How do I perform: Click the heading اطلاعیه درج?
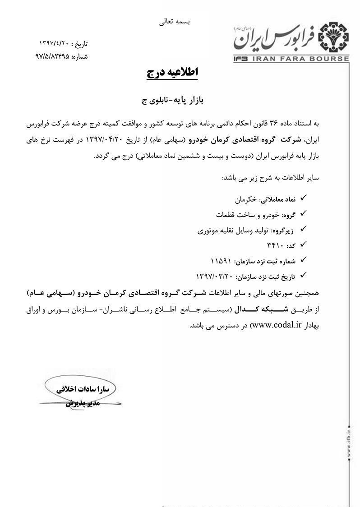click(x=172, y=73)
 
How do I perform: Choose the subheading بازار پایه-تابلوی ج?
click(x=172, y=101)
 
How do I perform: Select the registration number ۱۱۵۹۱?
click(x=221, y=260)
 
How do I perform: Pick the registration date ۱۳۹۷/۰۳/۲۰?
click(x=214, y=275)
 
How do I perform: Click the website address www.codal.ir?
click(x=275, y=325)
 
